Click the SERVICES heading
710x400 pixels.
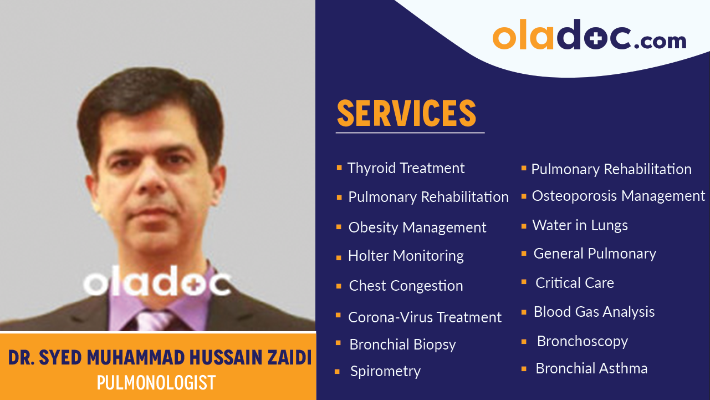(406, 113)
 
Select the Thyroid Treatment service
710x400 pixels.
(406, 168)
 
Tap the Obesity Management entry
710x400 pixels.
(417, 227)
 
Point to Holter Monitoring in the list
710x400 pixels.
(406, 256)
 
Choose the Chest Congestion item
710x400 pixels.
(406, 286)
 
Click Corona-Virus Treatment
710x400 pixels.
(425, 317)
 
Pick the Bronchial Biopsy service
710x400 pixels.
(402, 345)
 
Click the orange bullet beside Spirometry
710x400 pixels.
(338, 372)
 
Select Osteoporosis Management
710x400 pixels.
(618, 196)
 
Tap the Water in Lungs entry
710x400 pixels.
(580, 225)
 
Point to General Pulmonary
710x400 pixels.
(594, 254)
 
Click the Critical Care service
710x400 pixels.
(574, 283)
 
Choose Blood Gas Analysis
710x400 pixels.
(594, 312)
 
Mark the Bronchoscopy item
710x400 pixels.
(582, 341)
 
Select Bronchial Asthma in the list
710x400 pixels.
(591, 368)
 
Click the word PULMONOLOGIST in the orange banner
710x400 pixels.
(156, 383)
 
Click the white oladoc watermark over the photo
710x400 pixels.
(157, 283)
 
